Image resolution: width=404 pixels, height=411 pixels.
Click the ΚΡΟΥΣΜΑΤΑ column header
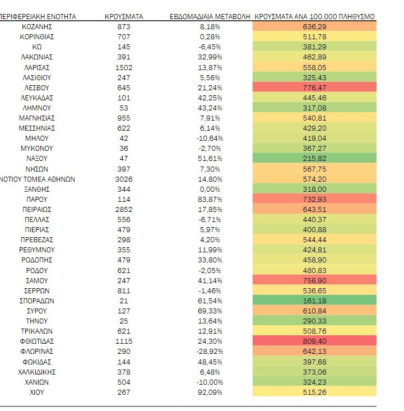[x=124, y=17]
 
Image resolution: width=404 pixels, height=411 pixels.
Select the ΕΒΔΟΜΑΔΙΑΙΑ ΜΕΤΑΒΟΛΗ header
[x=211, y=17]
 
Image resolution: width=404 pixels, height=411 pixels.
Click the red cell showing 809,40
[x=314, y=341]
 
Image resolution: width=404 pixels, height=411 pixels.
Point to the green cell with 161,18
[x=314, y=301]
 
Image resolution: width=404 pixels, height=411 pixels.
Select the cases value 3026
[x=124, y=179]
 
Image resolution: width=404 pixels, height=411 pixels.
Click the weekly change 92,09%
[x=211, y=392]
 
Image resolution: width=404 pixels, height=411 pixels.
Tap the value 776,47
[x=314, y=87]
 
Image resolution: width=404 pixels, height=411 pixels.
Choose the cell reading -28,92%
[x=211, y=352]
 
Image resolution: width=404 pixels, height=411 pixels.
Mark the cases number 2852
[x=124, y=209]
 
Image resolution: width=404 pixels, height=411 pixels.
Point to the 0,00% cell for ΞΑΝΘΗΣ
[x=211, y=189]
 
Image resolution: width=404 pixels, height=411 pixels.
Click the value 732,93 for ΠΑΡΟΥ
[x=314, y=199]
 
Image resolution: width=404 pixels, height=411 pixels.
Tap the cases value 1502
[x=124, y=67]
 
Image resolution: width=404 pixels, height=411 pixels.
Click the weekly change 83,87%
[x=211, y=199]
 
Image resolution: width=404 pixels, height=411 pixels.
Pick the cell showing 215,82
[x=314, y=159]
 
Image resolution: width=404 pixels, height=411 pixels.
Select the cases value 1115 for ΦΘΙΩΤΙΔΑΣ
[x=124, y=341]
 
